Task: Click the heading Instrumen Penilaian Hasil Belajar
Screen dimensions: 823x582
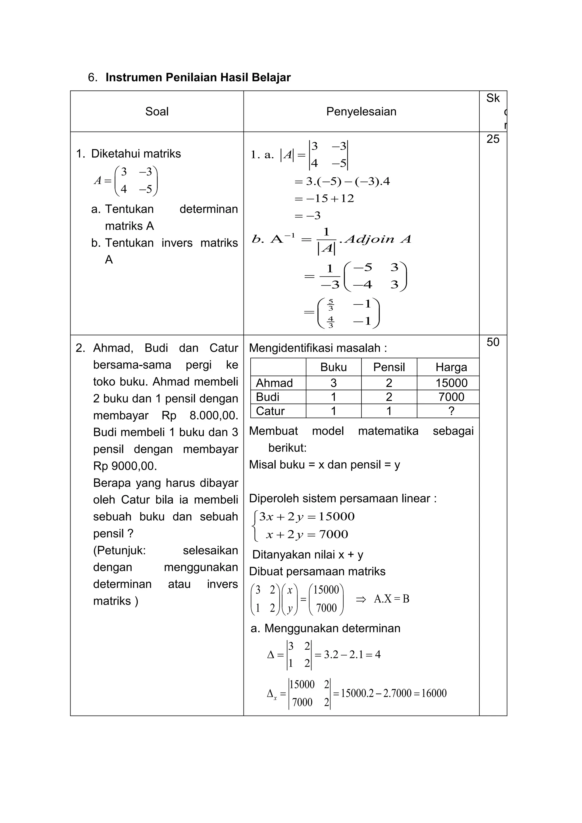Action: (198, 77)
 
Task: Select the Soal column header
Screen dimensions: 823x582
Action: (157, 111)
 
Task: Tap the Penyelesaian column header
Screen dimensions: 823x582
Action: (361, 111)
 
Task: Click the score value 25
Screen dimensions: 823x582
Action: (493, 139)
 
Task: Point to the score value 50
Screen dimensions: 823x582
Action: (493, 342)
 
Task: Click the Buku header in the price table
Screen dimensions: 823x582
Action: (333, 367)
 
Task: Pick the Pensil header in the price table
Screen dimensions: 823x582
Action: (389, 367)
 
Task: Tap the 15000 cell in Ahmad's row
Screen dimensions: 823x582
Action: (451, 383)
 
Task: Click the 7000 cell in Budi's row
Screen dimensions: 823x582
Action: (451, 397)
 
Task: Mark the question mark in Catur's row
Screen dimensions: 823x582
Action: (451, 411)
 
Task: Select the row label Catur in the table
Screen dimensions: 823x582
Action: (270, 411)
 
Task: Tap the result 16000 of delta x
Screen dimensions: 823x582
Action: (434, 693)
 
